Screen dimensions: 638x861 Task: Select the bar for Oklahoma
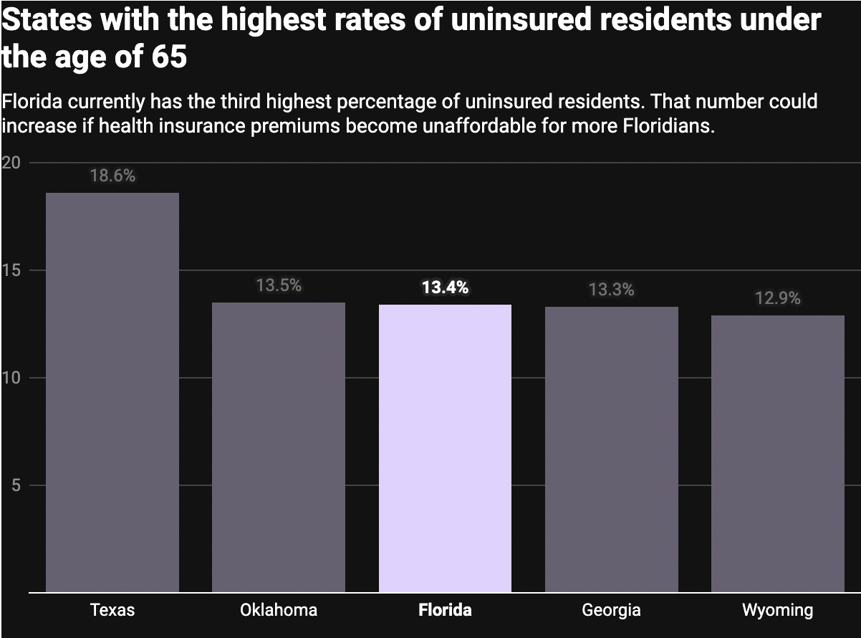click(x=279, y=447)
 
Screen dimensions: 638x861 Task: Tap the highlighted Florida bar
click(x=445, y=449)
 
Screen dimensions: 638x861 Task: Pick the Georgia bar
click(x=611, y=450)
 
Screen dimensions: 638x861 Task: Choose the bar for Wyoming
click(x=777, y=454)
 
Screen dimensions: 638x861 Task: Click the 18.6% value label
click(x=112, y=176)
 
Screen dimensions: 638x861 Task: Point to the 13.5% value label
click(x=279, y=286)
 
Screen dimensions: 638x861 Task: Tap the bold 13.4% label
click(x=445, y=288)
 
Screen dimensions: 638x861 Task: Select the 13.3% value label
click(x=611, y=290)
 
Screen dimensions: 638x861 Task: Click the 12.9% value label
click(x=777, y=299)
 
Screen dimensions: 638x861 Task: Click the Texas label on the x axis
click(x=112, y=611)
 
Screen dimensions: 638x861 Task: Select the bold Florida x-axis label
click(x=445, y=611)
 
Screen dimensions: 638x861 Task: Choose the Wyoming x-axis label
click(x=777, y=611)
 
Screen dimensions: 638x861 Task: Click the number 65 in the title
click(x=169, y=57)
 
